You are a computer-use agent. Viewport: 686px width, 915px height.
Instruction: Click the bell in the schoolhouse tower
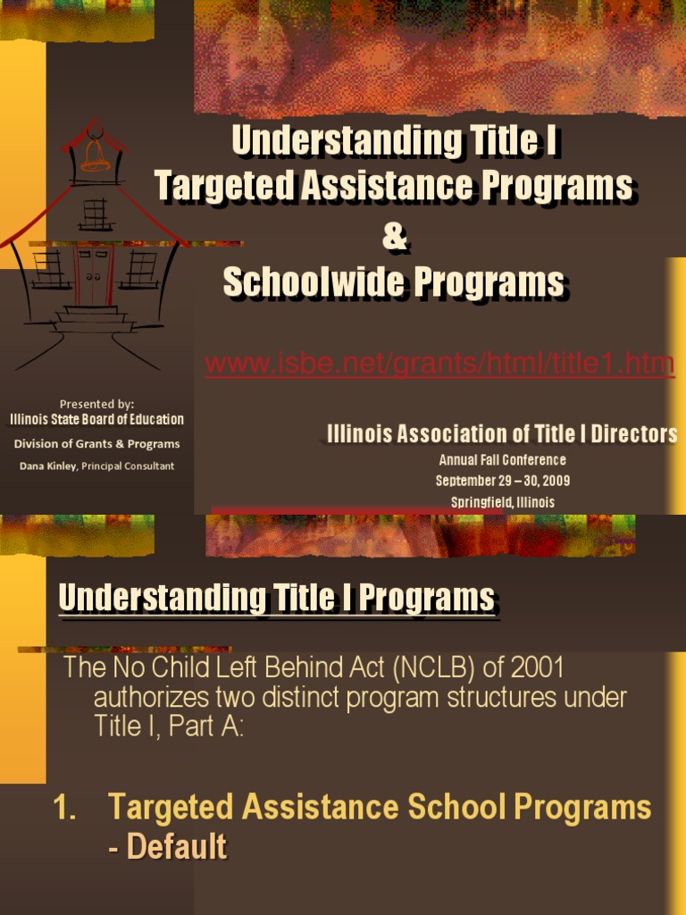pos(96,157)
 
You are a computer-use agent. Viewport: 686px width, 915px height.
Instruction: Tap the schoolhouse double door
pos(94,275)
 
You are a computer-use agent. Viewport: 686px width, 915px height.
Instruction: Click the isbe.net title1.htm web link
pos(439,365)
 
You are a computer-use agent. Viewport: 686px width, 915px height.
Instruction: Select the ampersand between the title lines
pos(394,237)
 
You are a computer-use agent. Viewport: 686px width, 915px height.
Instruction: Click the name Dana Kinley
pos(48,466)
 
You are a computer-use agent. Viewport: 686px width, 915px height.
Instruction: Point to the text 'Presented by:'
pos(96,403)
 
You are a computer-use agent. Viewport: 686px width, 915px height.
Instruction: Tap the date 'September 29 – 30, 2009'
pos(502,481)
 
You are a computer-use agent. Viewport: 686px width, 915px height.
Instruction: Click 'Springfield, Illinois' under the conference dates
pos(502,502)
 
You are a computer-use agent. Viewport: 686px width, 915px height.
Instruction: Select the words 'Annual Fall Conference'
pos(502,460)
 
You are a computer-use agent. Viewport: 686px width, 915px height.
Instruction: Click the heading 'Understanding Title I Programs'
pos(276,598)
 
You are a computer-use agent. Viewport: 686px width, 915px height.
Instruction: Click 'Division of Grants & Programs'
pos(96,443)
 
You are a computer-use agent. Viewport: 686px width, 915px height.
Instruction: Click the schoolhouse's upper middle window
pos(95,214)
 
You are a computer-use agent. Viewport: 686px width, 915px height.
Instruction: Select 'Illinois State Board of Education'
pos(96,419)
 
